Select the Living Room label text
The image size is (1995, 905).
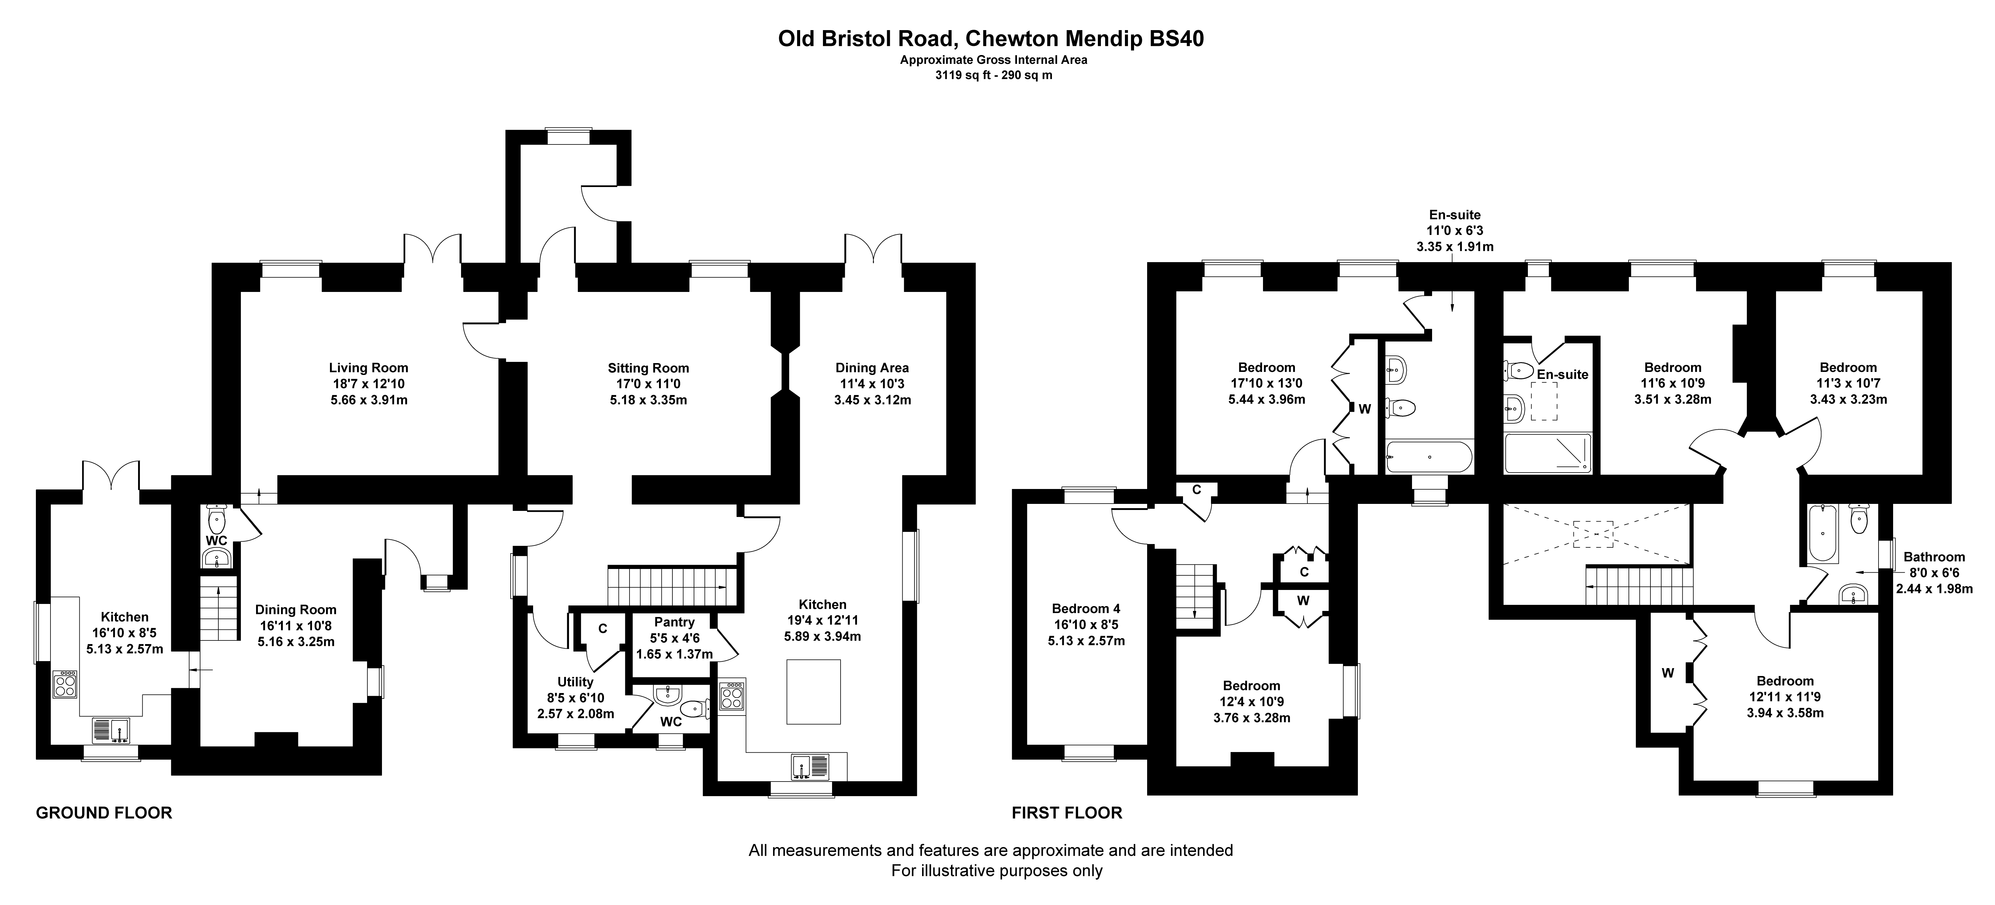tap(369, 368)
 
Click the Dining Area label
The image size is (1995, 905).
tap(872, 368)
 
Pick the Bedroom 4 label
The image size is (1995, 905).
tap(1086, 609)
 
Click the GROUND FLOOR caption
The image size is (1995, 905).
tap(104, 813)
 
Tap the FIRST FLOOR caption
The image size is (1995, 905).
tap(1067, 813)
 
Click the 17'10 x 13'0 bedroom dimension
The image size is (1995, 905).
tap(1266, 383)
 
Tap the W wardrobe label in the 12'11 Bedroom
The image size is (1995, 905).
tap(1667, 674)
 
